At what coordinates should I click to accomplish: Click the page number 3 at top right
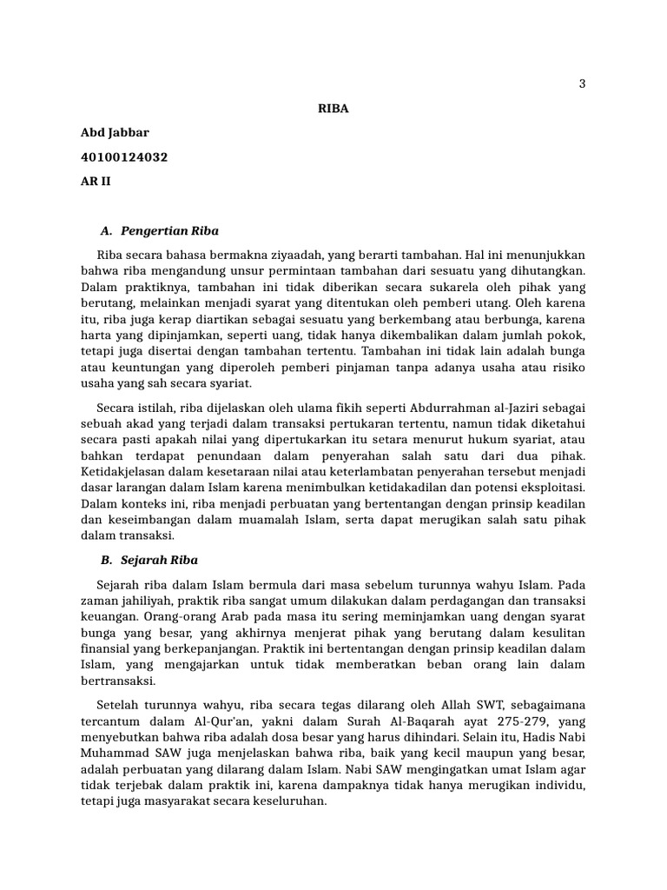pyautogui.click(x=582, y=84)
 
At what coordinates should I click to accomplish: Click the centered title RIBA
pyautogui.click(x=333, y=109)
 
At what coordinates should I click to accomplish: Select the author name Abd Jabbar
pyautogui.click(x=115, y=133)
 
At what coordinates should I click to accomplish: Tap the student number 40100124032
pyautogui.click(x=124, y=157)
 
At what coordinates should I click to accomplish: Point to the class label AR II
pyautogui.click(x=96, y=182)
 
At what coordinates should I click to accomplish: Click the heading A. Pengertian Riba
pyautogui.click(x=160, y=231)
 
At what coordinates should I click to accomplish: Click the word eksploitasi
pyautogui.click(x=549, y=488)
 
